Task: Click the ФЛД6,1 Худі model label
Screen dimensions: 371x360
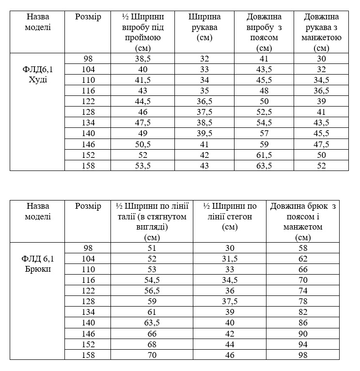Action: pyautogui.click(x=38, y=74)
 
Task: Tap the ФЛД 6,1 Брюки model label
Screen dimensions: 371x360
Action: pyautogui.click(x=38, y=263)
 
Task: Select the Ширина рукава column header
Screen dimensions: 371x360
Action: pyautogui.click(x=204, y=28)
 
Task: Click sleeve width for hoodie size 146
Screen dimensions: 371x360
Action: pyautogui.click(x=204, y=144)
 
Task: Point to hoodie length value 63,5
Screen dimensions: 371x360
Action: pyautogui.click(x=264, y=166)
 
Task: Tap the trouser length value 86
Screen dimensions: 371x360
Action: pyautogui.click(x=302, y=323)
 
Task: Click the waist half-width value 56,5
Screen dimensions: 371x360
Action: pyautogui.click(x=152, y=291)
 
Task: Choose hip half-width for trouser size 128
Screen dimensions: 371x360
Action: pyautogui.click(x=230, y=301)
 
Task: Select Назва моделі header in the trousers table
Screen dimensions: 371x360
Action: pyautogui.click(x=38, y=212)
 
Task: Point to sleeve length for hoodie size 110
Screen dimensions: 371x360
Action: pyautogui.click(x=321, y=80)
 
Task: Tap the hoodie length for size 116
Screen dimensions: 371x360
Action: pyautogui.click(x=264, y=91)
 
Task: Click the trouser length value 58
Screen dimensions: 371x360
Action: pyautogui.click(x=302, y=248)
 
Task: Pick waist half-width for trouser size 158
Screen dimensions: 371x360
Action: pyautogui.click(x=152, y=355)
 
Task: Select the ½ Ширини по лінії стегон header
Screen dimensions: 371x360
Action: pyautogui.click(x=230, y=216)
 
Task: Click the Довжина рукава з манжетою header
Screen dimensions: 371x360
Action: pyautogui.click(x=321, y=32)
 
